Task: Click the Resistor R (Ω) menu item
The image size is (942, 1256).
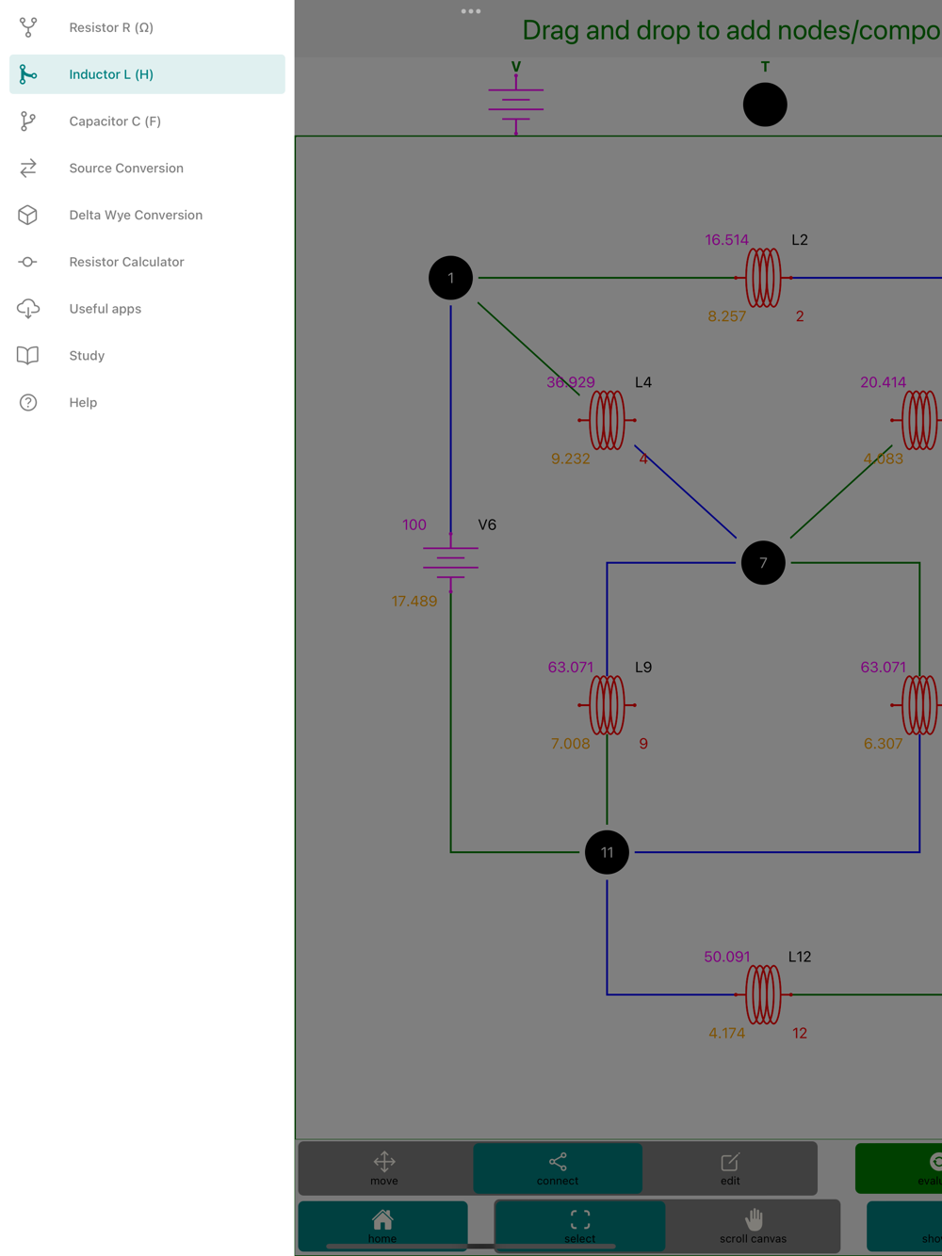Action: (x=110, y=28)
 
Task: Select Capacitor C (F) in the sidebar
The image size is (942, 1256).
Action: (x=114, y=121)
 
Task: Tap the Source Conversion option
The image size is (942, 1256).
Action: (x=125, y=169)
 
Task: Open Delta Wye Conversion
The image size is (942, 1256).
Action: (x=135, y=216)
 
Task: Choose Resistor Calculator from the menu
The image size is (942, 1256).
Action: (x=125, y=262)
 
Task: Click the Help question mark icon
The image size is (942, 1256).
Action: (x=28, y=403)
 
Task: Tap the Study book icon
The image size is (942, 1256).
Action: (x=28, y=356)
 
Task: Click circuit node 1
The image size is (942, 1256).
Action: (x=450, y=279)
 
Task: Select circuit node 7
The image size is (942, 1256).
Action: (x=763, y=563)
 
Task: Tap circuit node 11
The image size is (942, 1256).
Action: (x=607, y=852)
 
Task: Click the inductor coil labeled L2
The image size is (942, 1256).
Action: (x=763, y=278)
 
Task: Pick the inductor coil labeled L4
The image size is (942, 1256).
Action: (x=607, y=420)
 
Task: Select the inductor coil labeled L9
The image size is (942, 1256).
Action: (x=607, y=705)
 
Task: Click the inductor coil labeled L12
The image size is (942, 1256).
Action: (x=763, y=994)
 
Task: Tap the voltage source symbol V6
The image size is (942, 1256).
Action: (x=450, y=563)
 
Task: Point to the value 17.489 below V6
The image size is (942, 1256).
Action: (x=414, y=602)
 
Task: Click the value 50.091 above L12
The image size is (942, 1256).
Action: (x=727, y=958)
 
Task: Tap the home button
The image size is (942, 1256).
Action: (x=382, y=1226)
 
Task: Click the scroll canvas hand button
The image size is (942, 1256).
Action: (x=753, y=1226)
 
